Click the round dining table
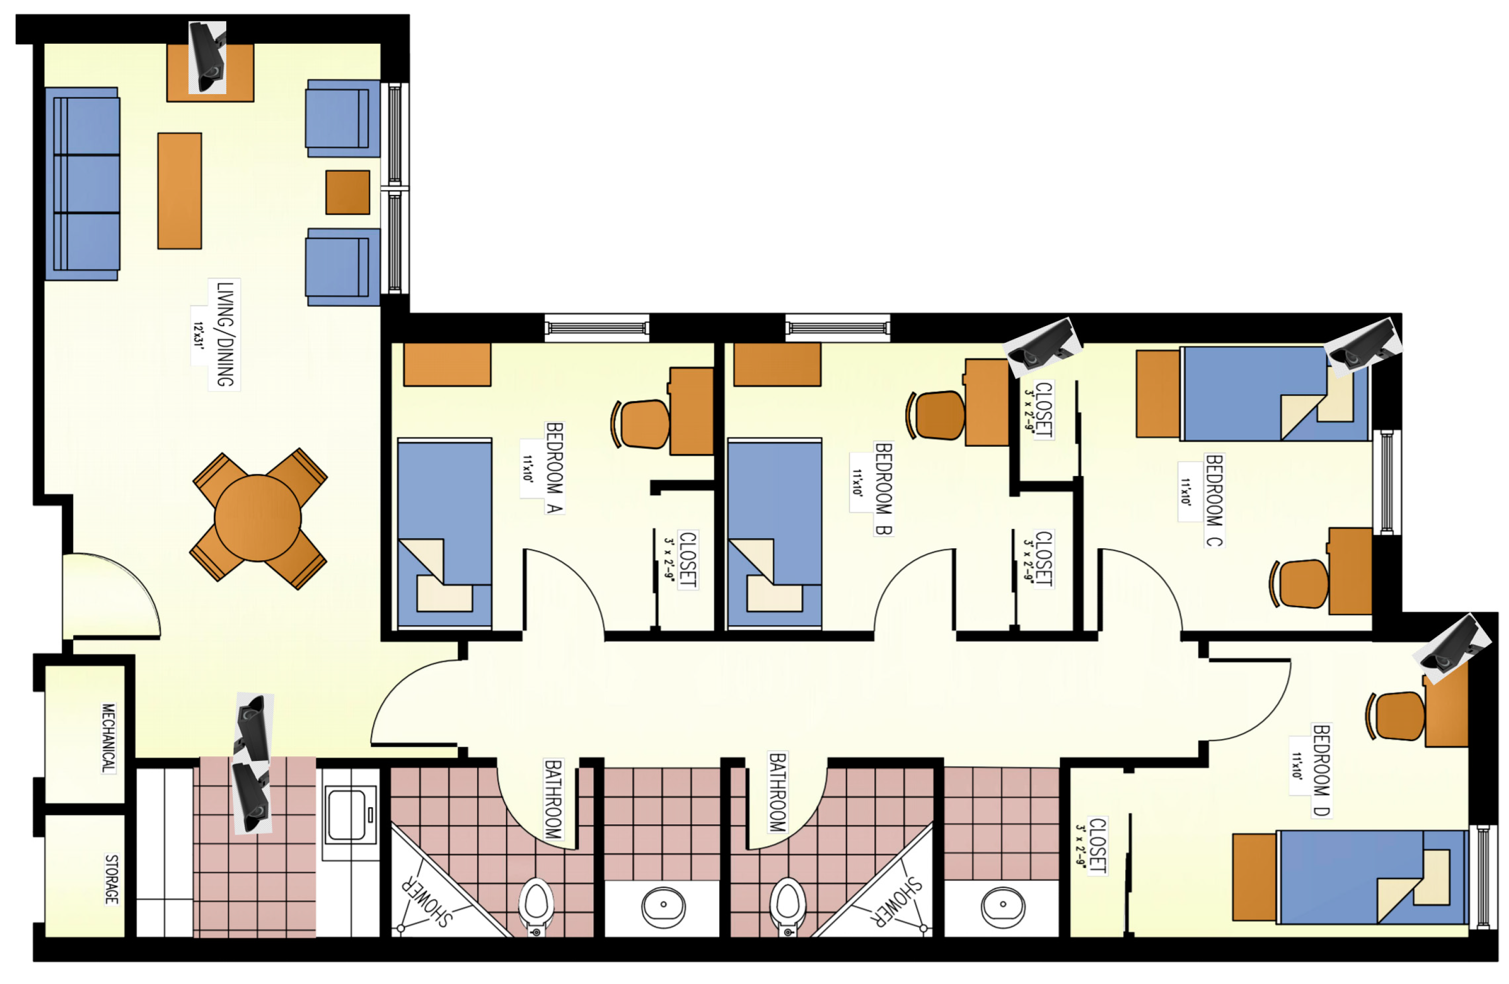coord(257,518)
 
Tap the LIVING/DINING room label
coord(225,334)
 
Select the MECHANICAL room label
coord(109,738)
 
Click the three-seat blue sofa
coord(83,183)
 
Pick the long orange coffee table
coord(179,190)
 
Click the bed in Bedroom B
coord(775,533)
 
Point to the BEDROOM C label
coord(1214,500)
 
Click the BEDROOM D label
coord(1321,770)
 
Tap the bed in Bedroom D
coord(1372,877)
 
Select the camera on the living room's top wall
coord(208,57)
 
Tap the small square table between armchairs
coord(347,192)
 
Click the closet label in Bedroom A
coord(687,559)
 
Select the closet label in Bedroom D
coord(1097,846)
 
